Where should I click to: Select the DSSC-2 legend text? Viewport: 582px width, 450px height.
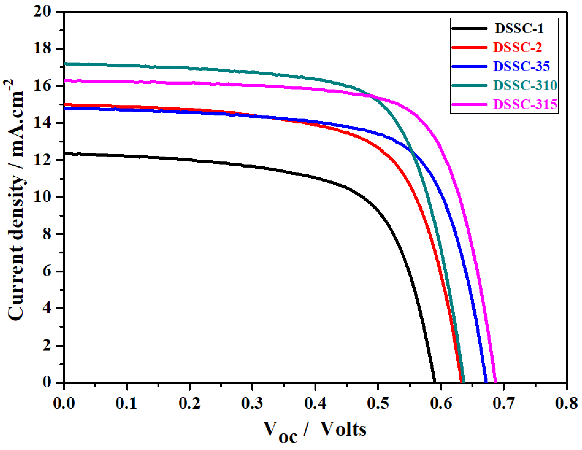[517, 47]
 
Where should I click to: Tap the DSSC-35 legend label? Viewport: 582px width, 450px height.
[521, 66]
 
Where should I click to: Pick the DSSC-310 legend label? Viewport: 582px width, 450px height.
[525, 85]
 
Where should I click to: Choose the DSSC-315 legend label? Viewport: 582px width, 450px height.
[525, 104]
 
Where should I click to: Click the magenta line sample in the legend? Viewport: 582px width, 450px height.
[469, 104]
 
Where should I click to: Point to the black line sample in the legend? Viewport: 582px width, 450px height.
[469, 28]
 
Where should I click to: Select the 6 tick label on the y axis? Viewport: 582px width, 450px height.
[47, 271]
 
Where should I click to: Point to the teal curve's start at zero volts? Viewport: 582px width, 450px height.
[65, 63]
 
